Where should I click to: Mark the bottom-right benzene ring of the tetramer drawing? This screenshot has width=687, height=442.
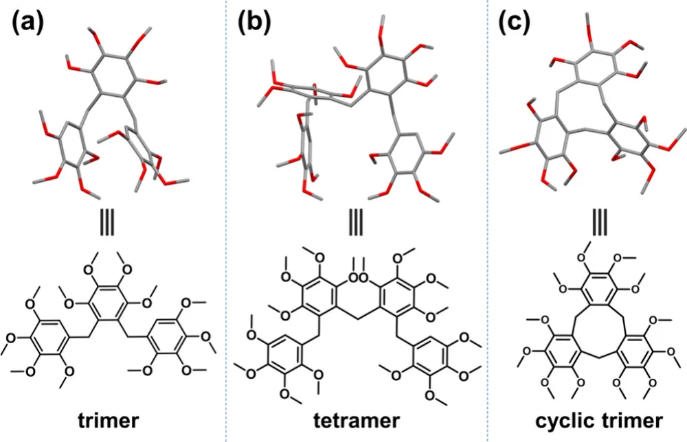433,357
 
